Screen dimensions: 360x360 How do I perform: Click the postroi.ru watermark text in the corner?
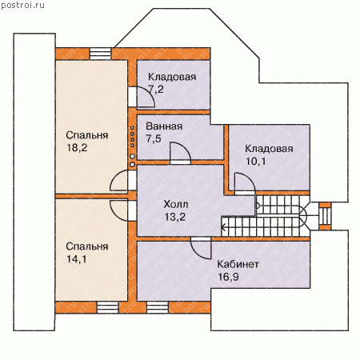click(x=22, y=6)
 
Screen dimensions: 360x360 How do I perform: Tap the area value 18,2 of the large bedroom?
click(x=77, y=147)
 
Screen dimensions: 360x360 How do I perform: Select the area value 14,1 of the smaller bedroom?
click(x=77, y=259)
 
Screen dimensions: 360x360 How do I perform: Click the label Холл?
click(x=176, y=204)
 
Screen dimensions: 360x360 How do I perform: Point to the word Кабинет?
click(x=238, y=264)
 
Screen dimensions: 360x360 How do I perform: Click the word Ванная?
click(x=164, y=126)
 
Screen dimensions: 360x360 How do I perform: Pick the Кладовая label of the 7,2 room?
click(x=172, y=77)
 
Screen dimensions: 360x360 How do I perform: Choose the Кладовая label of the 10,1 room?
click(x=269, y=149)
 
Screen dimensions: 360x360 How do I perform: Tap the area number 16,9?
click(x=228, y=277)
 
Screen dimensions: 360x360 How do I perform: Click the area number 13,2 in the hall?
click(x=174, y=217)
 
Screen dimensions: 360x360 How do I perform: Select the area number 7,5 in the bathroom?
click(x=154, y=138)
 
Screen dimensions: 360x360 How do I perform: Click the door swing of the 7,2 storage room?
click(x=150, y=94)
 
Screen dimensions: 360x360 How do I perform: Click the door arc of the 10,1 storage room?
click(x=250, y=178)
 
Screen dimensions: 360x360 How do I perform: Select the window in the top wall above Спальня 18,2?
click(x=100, y=54)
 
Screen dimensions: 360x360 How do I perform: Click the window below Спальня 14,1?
click(x=107, y=307)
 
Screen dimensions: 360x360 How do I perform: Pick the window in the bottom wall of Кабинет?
click(x=158, y=307)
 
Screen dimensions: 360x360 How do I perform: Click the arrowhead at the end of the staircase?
click(x=223, y=228)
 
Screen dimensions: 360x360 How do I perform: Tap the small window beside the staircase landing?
click(x=325, y=216)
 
